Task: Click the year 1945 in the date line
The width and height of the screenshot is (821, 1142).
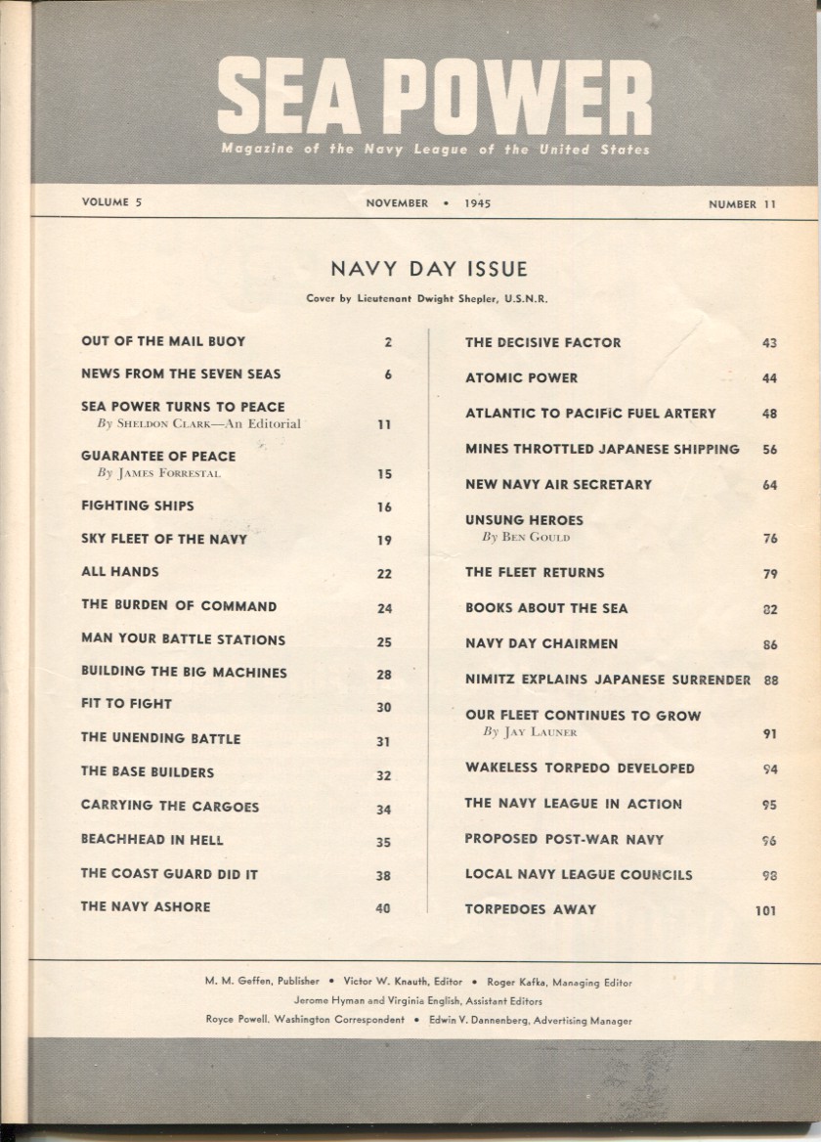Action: click(473, 204)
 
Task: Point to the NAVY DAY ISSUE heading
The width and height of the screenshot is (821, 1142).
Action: click(428, 269)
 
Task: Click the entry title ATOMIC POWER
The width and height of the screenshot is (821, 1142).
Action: click(521, 378)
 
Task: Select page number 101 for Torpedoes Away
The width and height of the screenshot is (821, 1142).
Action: click(765, 910)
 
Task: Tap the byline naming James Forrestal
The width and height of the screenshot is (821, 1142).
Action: click(159, 474)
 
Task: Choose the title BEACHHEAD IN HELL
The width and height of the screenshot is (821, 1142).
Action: click(151, 840)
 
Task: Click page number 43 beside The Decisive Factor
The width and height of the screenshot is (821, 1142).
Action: click(768, 343)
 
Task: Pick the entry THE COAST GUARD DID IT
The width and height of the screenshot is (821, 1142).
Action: click(169, 874)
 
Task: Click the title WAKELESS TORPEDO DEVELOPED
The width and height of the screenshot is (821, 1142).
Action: click(580, 769)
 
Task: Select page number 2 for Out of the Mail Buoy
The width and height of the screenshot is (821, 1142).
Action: click(387, 342)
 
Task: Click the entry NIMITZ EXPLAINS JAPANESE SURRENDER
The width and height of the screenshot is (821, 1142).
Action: click(607, 680)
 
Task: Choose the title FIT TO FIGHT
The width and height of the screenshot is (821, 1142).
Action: click(126, 704)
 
